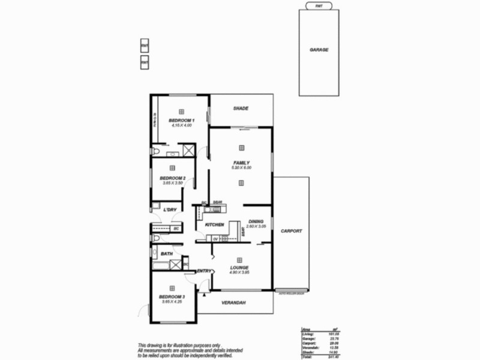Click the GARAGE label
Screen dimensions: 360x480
pos(319,50)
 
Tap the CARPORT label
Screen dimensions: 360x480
pos(291,231)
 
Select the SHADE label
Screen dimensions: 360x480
pos(241,109)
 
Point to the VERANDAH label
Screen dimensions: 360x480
pos(234,302)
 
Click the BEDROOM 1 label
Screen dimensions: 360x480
pos(181,121)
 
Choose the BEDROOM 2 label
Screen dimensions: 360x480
pos(172,178)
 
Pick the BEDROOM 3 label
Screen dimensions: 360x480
pos(172,297)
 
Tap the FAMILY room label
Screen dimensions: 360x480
pos(241,163)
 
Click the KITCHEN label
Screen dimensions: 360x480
pos(214,225)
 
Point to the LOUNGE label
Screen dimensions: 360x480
pos(239,268)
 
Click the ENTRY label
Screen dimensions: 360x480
pos(204,271)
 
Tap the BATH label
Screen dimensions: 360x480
pos(166,254)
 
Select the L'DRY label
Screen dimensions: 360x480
pos(170,209)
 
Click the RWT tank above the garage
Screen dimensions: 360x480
pos(319,5)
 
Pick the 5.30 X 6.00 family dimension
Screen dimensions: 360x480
pos(241,168)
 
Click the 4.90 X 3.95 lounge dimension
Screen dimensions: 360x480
pos(239,272)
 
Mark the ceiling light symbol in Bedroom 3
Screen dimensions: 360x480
pos(172,288)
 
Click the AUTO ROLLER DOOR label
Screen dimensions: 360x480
pos(292,293)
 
